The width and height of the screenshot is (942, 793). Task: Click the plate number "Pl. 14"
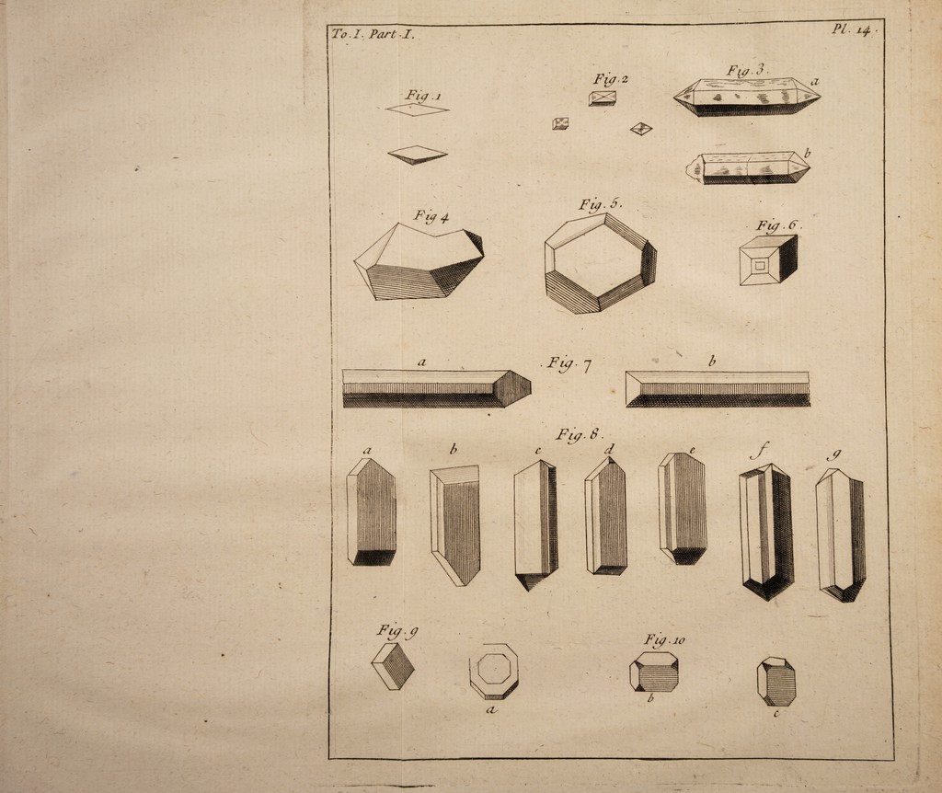click(850, 30)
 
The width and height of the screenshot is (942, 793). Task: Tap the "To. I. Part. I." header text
click(373, 34)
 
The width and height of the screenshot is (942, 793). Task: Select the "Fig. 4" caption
click(431, 216)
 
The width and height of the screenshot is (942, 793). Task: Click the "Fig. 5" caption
click(600, 203)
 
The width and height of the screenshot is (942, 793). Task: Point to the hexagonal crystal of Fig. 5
click(600, 263)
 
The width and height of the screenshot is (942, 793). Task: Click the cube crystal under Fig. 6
click(768, 259)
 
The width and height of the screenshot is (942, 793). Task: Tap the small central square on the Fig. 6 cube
click(760, 265)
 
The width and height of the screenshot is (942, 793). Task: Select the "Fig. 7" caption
click(568, 364)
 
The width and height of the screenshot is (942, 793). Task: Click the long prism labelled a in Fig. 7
click(437, 389)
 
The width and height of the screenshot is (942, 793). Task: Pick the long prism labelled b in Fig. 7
click(718, 389)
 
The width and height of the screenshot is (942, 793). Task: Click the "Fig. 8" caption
click(580, 434)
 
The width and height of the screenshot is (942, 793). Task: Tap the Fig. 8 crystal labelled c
click(536, 525)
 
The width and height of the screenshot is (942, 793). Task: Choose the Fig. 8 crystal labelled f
click(766, 532)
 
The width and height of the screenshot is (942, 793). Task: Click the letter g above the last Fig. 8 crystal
click(833, 454)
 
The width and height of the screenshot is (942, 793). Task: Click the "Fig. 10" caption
click(664, 639)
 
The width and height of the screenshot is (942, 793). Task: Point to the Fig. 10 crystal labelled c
click(776, 682)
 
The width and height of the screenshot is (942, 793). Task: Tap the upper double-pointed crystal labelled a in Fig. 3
click(747, 97)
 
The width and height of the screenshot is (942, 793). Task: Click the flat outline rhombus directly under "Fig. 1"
click(418, 109)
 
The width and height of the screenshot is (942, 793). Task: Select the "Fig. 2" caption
click(611, 79)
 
